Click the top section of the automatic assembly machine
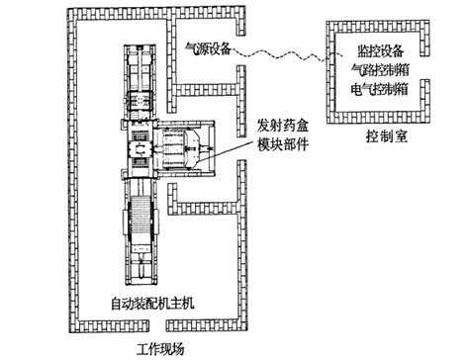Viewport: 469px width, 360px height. (140, 69)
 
